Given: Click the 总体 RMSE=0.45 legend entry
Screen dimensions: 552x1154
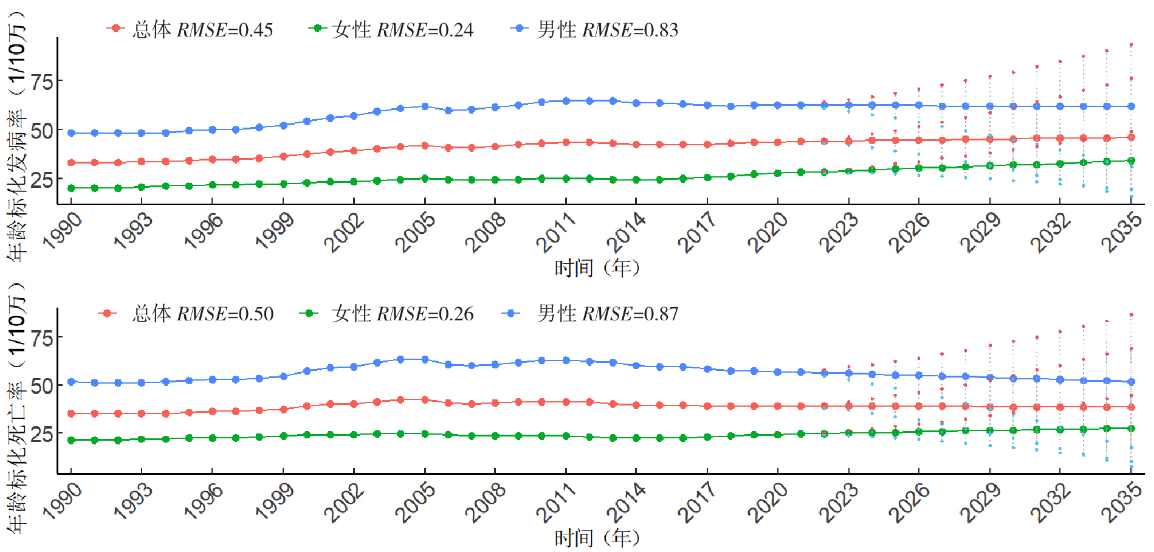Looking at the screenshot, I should tap(190, 29).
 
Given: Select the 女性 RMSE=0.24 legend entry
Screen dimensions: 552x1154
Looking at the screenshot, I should tap(391, 29).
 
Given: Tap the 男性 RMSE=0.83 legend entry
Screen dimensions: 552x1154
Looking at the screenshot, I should tap(595, 29).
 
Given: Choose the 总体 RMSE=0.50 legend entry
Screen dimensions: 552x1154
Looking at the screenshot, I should tap(186, 314).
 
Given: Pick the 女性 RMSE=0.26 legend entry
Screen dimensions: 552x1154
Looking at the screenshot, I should tap(387, 314).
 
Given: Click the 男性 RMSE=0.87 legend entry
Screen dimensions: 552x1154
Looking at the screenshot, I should tap(591, 314).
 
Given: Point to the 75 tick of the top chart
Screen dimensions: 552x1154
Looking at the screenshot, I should tap(42, 81).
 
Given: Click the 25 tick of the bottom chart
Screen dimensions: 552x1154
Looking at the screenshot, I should tap(42, 434).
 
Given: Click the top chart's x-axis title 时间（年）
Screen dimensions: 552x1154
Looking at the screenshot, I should tap(597, 267).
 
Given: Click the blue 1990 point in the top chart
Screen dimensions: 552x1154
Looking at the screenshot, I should tap(71, 133).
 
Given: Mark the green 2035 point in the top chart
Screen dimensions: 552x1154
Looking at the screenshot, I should tap(1131, 161).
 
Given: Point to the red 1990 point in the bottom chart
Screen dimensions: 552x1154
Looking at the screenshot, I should tap(71, 413).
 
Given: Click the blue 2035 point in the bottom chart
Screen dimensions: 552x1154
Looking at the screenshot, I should tap(1131, 382).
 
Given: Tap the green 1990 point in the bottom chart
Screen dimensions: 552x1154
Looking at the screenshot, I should tap(71, 440).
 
